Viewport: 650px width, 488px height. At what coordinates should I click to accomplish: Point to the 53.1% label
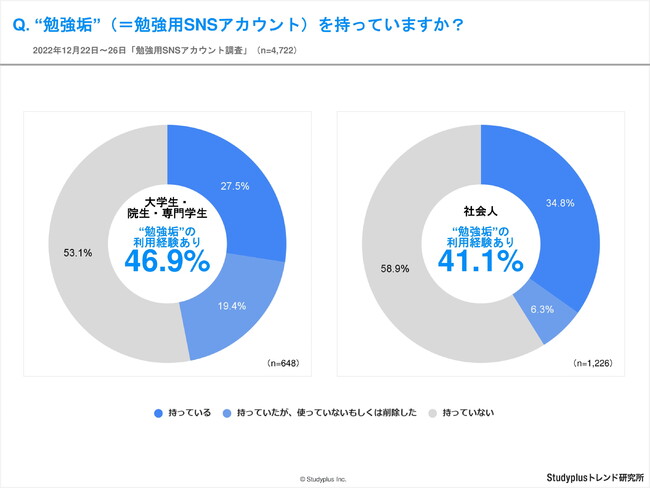[x=78, y=253]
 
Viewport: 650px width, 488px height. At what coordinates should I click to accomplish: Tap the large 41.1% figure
[x=481, y=261]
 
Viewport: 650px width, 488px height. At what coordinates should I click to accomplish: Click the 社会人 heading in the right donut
[x=481, y=212]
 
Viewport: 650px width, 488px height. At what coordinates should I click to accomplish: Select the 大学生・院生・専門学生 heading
[x=168, y=209]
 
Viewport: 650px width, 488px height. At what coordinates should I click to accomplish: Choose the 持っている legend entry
[x=182, y=412]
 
